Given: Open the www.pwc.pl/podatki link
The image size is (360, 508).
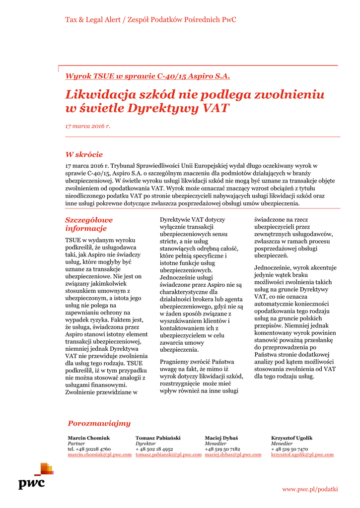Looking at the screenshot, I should (310, 489).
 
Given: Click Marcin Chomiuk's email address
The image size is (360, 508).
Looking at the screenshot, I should (99, 454).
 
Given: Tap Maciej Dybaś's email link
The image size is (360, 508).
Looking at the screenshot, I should (233, 454).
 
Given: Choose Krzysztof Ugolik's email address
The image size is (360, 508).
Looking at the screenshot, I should (302, 454).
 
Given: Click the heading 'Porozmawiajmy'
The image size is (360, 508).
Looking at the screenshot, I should (99, 423).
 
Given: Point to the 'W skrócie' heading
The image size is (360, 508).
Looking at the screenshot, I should (84, 154).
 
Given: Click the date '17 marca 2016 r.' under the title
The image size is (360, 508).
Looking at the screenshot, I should (88, 126).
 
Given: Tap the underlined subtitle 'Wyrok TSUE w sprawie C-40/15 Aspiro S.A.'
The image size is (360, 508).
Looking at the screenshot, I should (148, 76).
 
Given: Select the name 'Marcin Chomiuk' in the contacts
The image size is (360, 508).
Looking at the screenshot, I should (89, 438).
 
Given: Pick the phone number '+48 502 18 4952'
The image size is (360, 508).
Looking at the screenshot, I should (154, 449).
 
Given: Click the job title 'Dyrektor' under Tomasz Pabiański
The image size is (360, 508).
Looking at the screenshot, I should (145, 444).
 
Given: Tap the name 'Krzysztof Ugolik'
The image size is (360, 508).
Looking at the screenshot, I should (291, 438).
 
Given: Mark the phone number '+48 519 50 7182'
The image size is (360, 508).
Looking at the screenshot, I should (222, 449).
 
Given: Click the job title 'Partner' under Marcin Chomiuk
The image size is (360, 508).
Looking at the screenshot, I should (76, 444).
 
